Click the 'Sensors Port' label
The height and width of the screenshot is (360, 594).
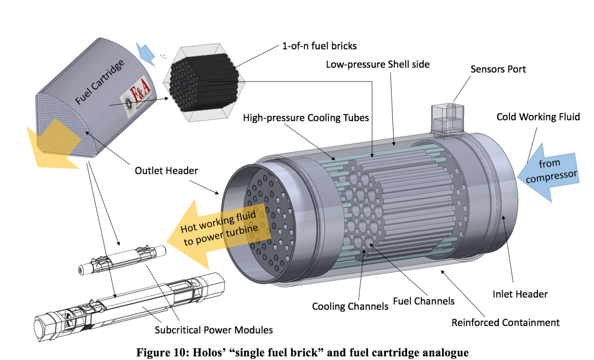(x=498, y=69)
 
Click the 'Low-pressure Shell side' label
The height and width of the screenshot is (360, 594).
(x=378, y=64)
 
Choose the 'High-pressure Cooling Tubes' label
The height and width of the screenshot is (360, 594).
(x=306, y=118)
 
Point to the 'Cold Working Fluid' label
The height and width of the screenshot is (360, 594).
(x=538, y=117)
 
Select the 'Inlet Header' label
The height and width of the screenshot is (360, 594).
(x=520, y=294)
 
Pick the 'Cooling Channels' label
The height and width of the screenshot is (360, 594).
(x=350, y=307)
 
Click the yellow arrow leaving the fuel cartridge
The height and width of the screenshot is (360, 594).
(x=50, y=145)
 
